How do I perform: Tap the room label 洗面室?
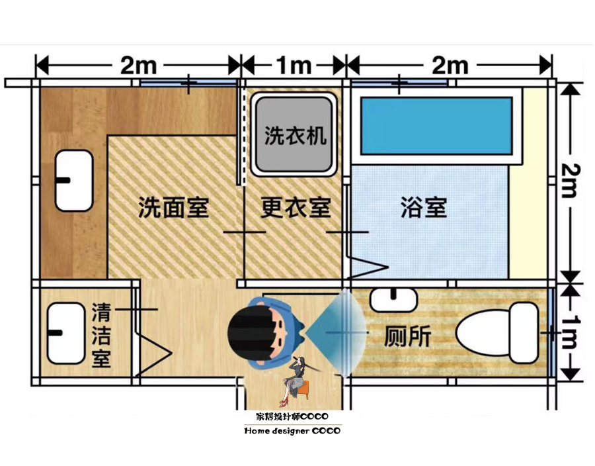[173, 208]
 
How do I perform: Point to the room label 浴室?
[424, 208]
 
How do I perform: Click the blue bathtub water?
[436, 125]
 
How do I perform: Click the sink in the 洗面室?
[73, 180]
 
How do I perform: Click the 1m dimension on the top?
[294, 66]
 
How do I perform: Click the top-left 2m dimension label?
[138, 66]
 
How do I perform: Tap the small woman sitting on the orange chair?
[297, 381]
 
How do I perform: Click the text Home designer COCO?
[292, 431]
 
